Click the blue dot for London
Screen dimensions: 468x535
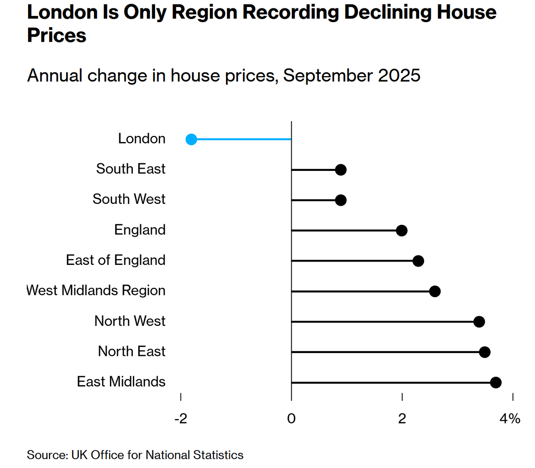pos(191,139)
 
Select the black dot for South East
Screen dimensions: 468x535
pos(341,170)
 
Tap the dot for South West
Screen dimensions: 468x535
pos(341,200)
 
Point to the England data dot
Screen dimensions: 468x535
pos(402,230)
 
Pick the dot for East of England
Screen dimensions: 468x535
pos(418,261)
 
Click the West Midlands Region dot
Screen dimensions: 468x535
pos(435,291)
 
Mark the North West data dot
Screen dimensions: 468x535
pos(479,322)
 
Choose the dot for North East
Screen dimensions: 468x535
pos(484,352)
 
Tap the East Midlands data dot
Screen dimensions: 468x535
pos(496,382)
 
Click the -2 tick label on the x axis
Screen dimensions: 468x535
pos(181,418)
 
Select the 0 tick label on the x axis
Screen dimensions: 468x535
pos(291,418)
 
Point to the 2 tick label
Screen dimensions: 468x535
pos(402,418)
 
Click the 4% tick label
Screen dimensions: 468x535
pos(510,418)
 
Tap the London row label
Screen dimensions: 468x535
pos(142,138)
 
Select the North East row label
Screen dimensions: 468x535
pos(132,351)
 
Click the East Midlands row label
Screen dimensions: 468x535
pos(121,382)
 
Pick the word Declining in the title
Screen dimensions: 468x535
pos(388,12)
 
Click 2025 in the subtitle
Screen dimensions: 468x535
pos(399,76)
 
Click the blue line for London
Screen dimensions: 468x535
pos(242,139)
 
